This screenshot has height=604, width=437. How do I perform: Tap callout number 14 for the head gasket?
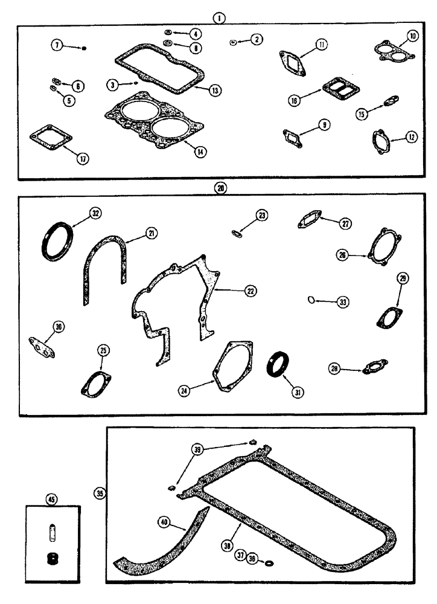point(197,152)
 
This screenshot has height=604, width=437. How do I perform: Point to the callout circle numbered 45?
point(51,498)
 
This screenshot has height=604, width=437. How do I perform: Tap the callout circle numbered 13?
point(214,89)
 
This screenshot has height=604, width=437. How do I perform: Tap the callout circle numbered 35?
point(100,493)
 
